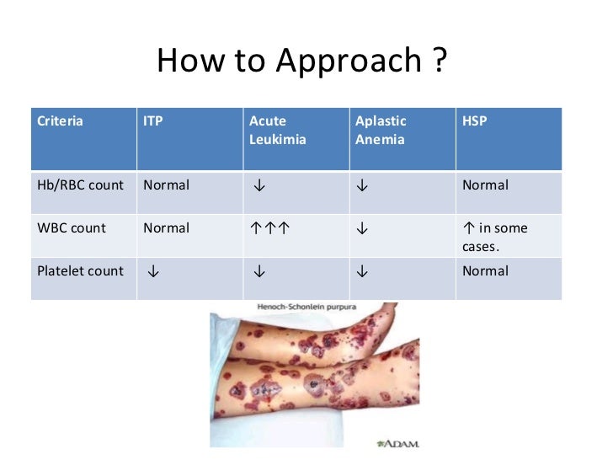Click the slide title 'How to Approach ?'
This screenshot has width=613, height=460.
pos(301,62)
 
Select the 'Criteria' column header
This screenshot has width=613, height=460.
pos(61,121)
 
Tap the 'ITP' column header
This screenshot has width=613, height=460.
pos(153,121)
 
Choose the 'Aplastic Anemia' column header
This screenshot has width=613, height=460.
pos(381,131)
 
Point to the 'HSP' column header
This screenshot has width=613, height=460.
pos(475,121)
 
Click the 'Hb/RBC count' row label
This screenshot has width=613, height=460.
pos(81,185)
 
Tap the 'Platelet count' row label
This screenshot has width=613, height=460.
pos(81,271)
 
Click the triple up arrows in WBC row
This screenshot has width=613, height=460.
pos(269,228)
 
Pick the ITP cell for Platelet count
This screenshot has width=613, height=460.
pos(153,271)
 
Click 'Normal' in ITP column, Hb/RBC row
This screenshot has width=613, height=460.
pos(167,185)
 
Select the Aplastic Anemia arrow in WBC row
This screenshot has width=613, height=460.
pos(362,228)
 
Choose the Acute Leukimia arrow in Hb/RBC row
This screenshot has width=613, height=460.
pos(256,185)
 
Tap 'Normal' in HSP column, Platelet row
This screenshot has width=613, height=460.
pos(485,271)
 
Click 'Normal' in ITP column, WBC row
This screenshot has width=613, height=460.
pos(167,228)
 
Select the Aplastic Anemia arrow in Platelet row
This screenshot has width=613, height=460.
pos(362,271)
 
